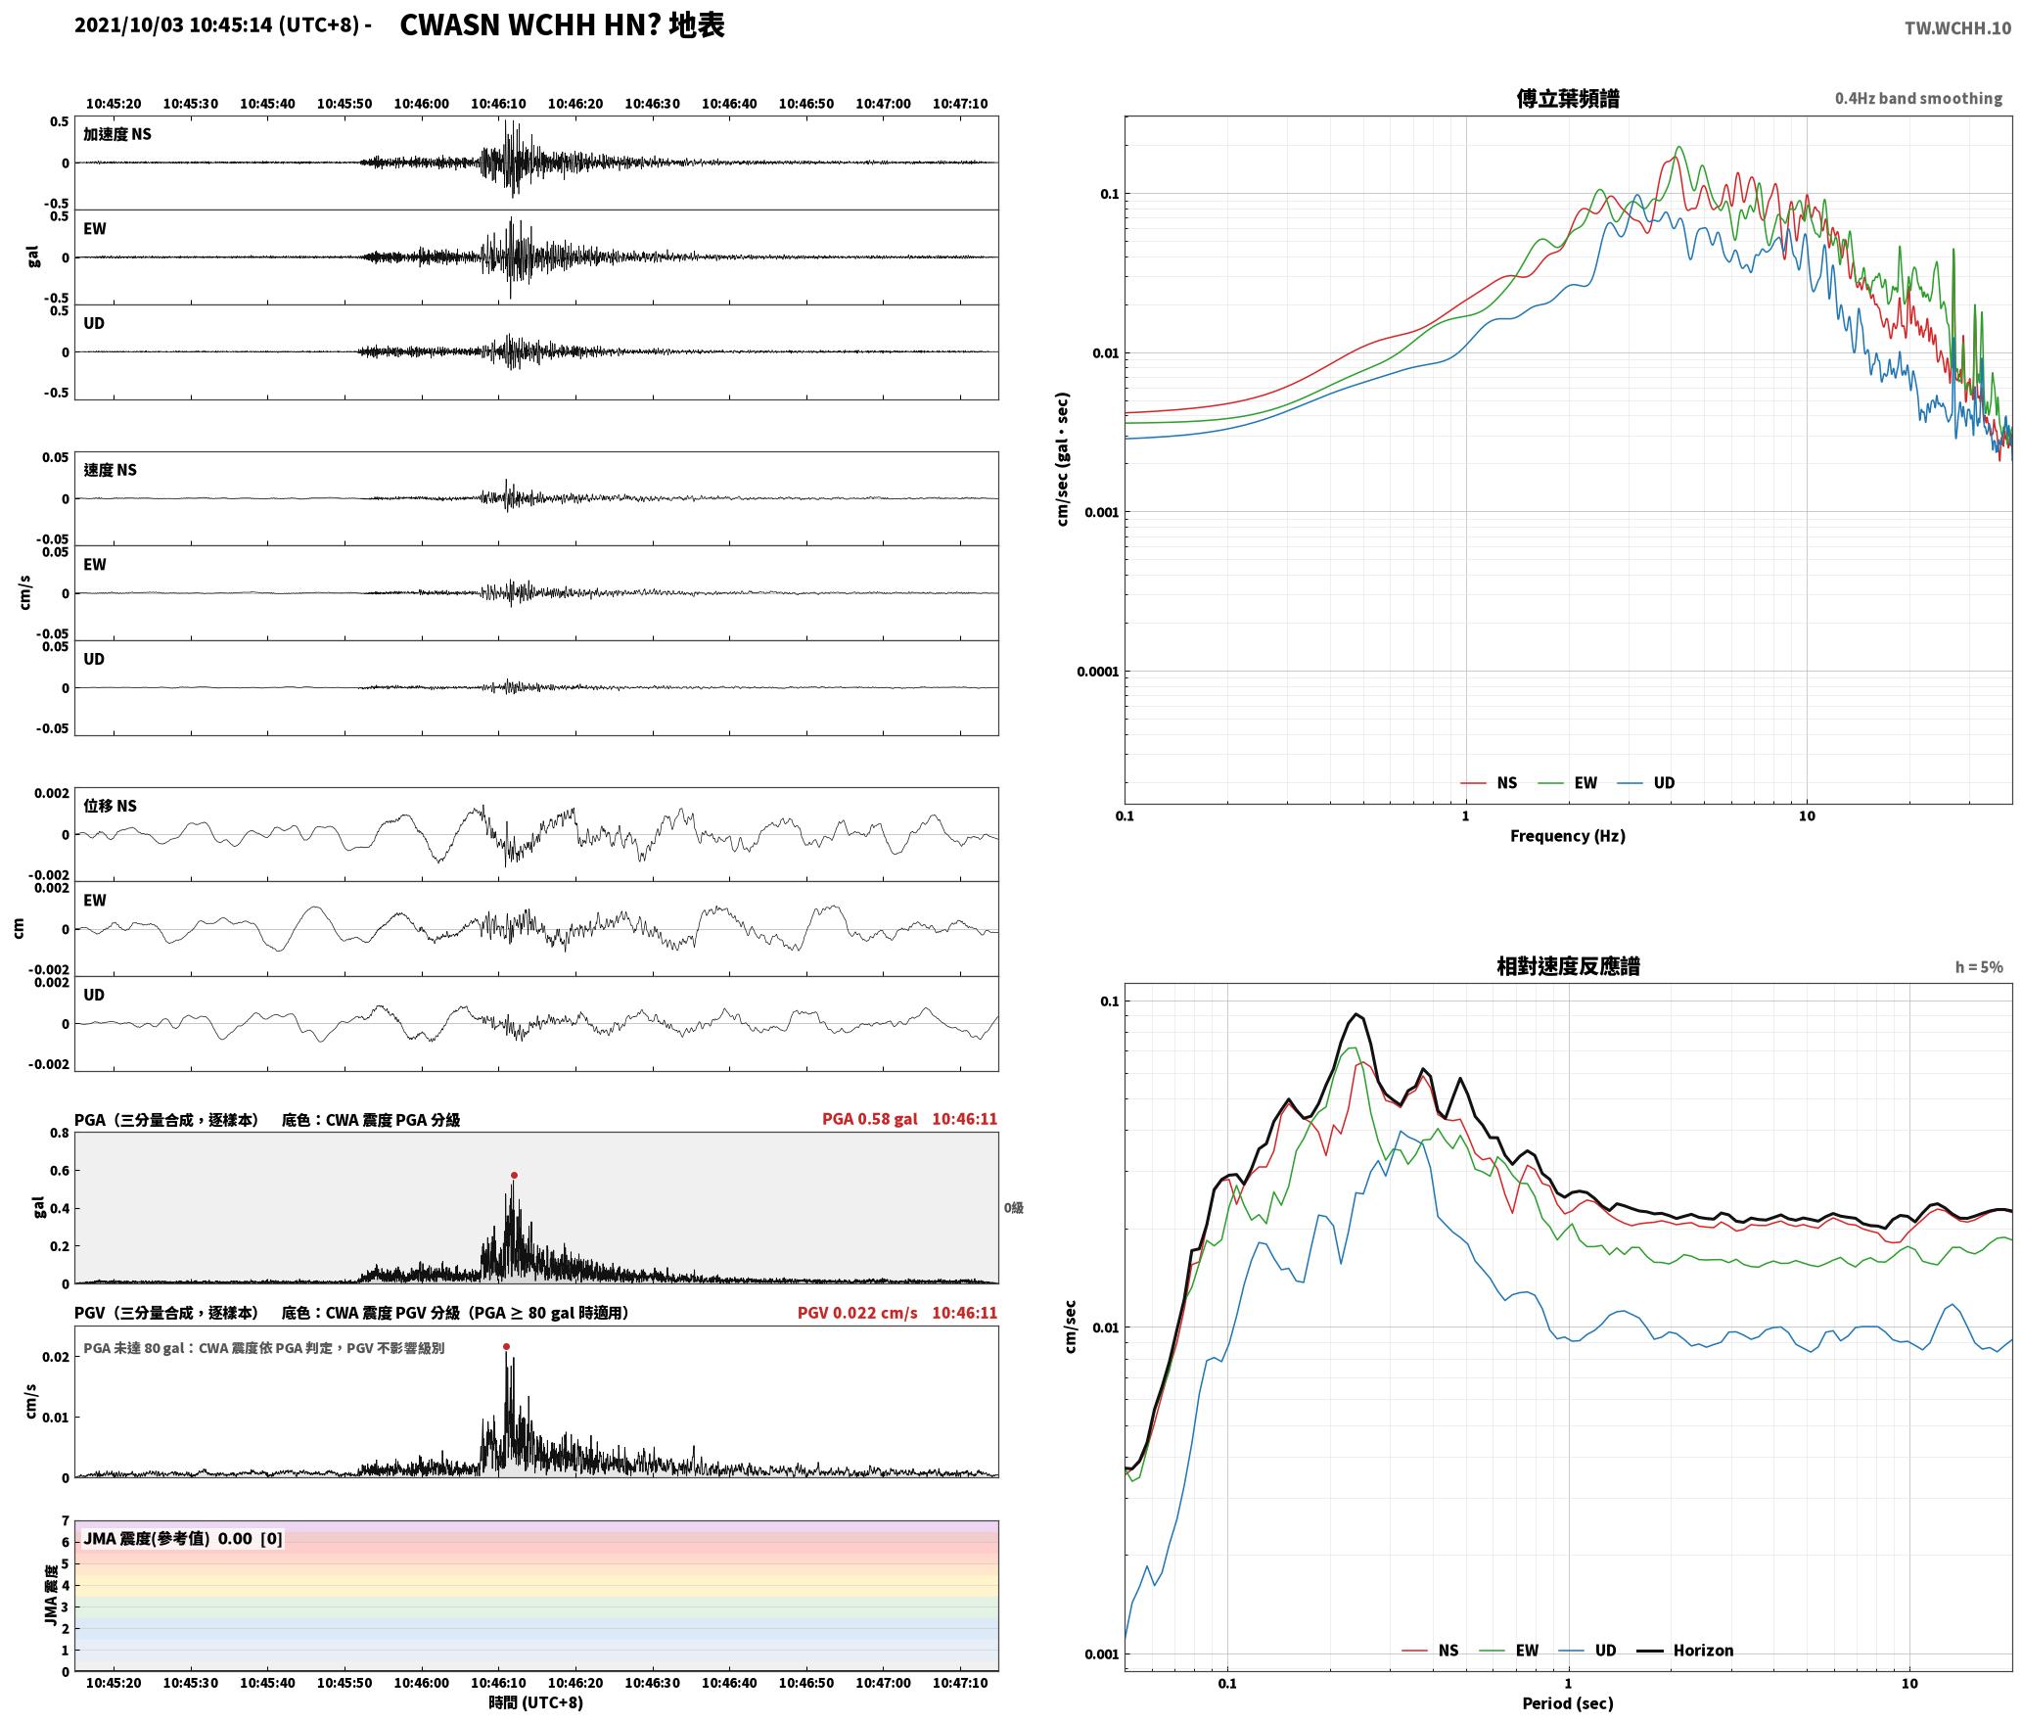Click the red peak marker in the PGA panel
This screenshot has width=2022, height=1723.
514,1175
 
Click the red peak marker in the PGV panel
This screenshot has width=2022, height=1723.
506,1346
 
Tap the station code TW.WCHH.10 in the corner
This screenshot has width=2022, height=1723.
1957,28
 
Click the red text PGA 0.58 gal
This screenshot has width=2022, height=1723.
869,1119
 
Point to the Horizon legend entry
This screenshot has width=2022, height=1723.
1685,1651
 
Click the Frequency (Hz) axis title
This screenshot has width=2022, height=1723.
1567,836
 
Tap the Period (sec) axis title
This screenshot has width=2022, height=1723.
1567,1703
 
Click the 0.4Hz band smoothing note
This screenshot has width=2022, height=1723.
1918,99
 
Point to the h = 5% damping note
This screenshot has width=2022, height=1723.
1979,967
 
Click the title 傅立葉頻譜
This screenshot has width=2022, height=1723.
1567,98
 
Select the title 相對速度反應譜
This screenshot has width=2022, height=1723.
1568,966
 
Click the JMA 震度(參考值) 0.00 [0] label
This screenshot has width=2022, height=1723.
183,1538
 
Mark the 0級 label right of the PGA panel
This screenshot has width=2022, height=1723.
1013,1208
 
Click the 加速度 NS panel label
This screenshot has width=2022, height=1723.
117,134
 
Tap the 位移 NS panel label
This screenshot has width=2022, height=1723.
110,806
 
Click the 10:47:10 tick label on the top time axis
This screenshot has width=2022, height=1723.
959,104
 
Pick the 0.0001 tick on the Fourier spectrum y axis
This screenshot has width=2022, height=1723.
1096,672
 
